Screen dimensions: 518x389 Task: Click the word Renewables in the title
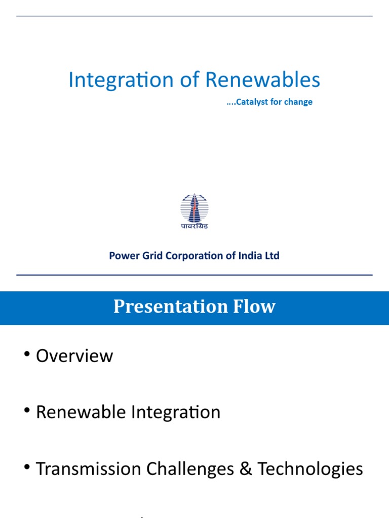click(x=262, y=80)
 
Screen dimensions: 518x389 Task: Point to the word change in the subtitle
click(x=299, y=102)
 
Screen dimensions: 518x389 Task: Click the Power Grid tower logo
click(x=194, y=207)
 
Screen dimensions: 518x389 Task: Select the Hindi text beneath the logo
click(x=194, y=226)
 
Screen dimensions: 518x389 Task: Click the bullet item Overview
click(x=74, y=356)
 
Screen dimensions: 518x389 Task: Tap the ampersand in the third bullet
click(x=246, y=469)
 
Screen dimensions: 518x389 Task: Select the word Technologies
click(x=310, y=469)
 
